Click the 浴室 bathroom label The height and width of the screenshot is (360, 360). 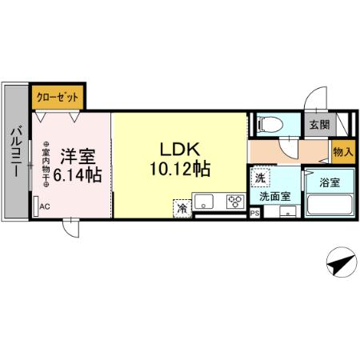(x=330, y=182)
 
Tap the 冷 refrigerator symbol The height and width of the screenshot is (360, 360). (x=182, y=207)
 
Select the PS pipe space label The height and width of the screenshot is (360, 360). (x=254, y=214)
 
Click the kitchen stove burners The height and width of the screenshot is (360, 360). (x=235, y=202)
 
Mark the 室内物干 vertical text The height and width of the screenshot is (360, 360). (x=46, y=165)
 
